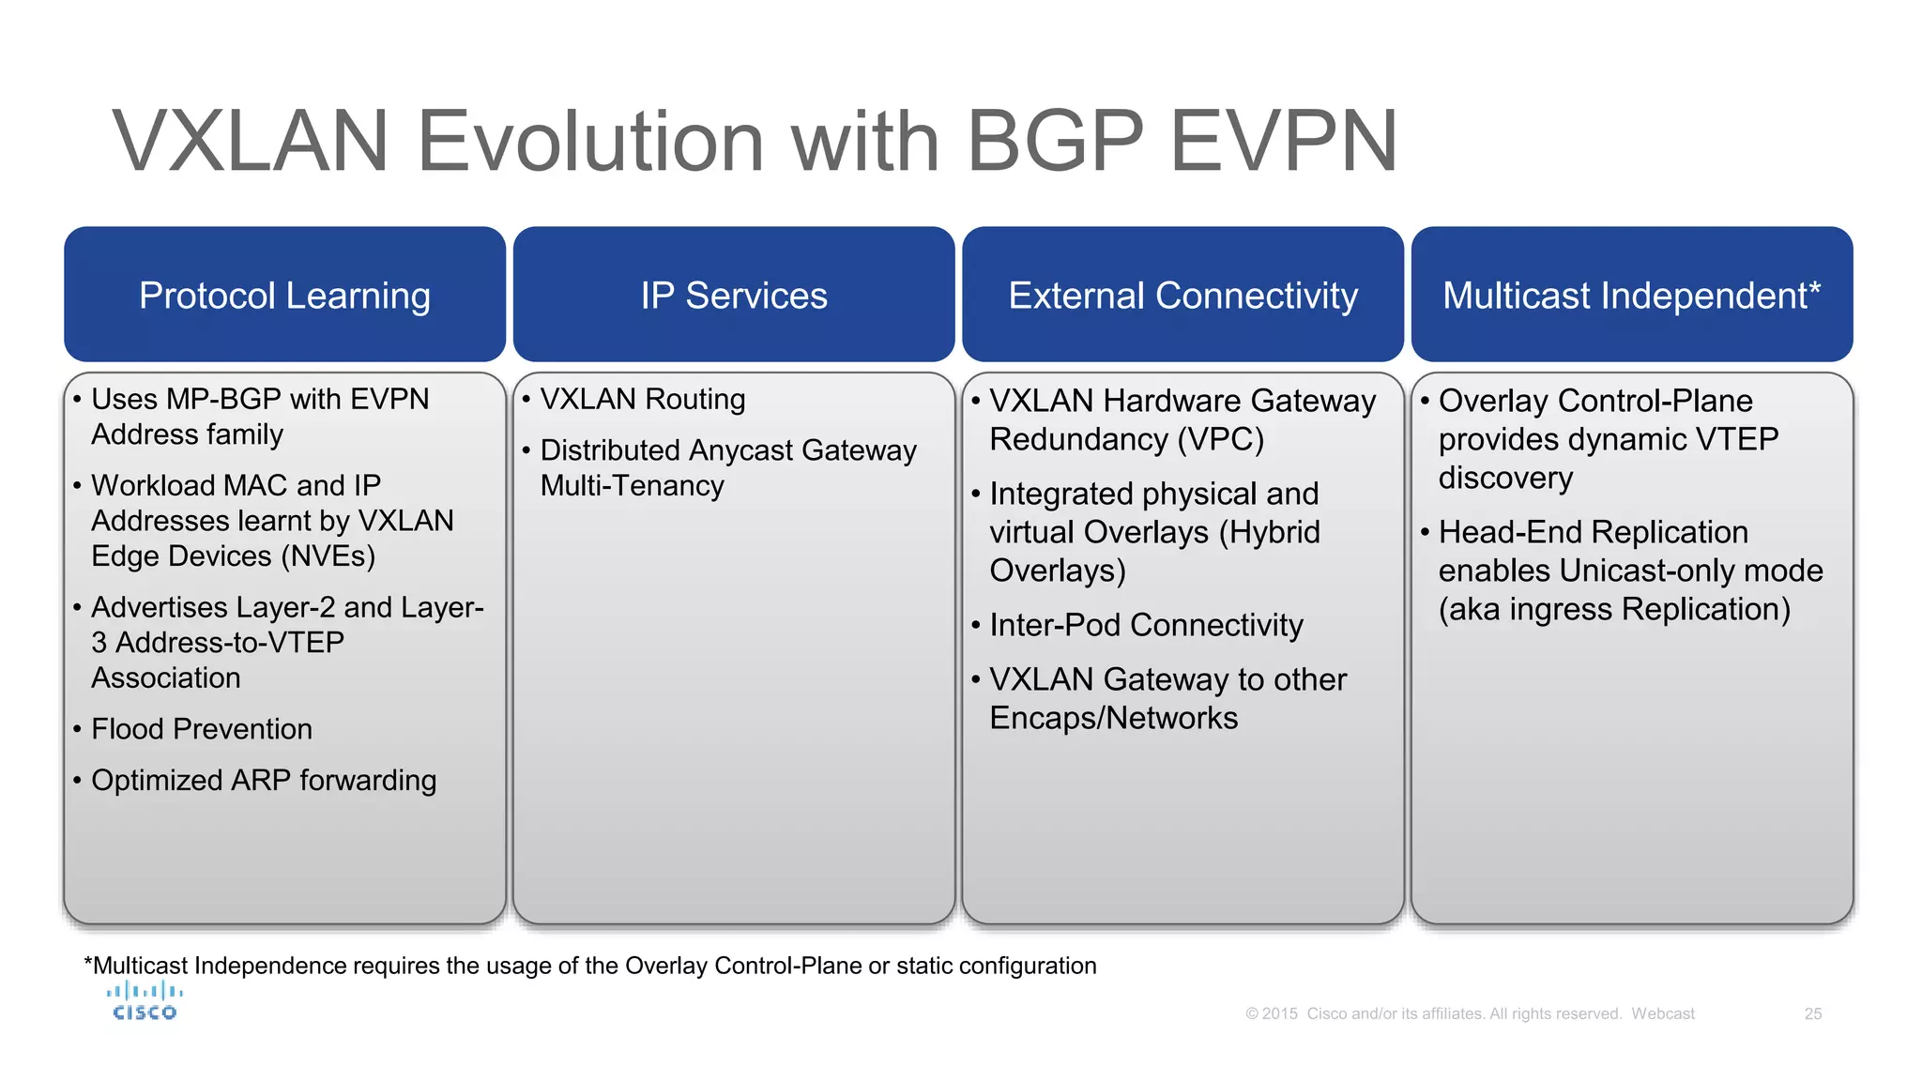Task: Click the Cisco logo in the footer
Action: (x=145, y=1001)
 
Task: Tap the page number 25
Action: (x=1812, y=1013)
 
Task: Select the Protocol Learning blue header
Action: (x=284, y=295)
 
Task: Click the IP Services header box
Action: (x=734, y=295)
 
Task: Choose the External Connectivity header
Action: (x=1182, y=295)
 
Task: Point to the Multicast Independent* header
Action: (x=1631, y=295)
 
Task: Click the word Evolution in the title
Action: (x=590, y=142)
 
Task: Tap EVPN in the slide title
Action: (x=1284, y=142)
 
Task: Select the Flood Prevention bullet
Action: (x=201, y=729)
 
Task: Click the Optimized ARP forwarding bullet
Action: (x=263, y=781)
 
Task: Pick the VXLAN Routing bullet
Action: (x=642, y=400)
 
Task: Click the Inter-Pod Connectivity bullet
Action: (x=1145, y=625)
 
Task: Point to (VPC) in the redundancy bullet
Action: (x=1222, y=439)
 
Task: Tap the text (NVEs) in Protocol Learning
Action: (x=328, y=556)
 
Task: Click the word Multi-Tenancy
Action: (x=632, y=486)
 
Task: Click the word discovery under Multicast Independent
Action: (x=1504, y=478)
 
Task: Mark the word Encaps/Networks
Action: (x=1113, y=718)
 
